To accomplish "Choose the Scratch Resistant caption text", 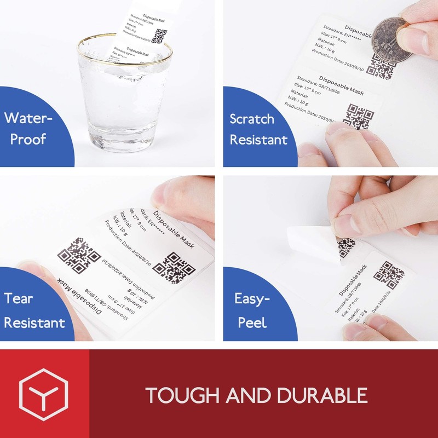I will point(258,129).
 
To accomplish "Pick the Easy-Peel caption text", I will point(253,310).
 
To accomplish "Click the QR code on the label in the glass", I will point(159,36).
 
